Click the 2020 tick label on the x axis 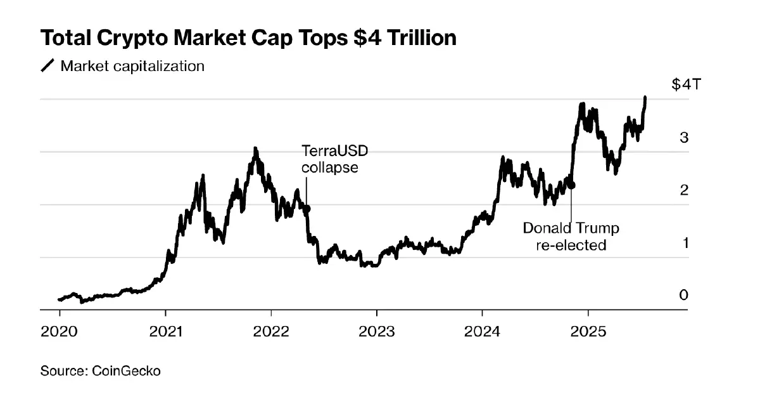tap(60, 330)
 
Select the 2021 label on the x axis tap(165, 330)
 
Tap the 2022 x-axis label tap(271, 330)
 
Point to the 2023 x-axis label tap(377, 330)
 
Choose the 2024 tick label tap(482, 330)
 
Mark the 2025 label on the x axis tap(588, 330)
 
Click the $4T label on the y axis tap(686, 85)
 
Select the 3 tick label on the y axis tap(684, 138)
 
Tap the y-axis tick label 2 tap(684, 190)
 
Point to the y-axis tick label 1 tap(684, 243)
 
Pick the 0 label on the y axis tap(684, 295)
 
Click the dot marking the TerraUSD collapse tap(307, 208)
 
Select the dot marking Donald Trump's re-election tap(572, 185)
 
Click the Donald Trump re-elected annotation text tap(571, 237)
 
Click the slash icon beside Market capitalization tap(48, 66)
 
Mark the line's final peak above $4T tap(645, 98)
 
